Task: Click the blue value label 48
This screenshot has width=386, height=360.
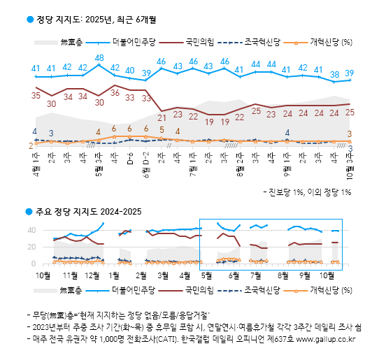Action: point(99,58)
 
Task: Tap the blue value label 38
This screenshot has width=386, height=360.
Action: point(334,74)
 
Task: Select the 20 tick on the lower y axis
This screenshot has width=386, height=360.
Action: point(31,247)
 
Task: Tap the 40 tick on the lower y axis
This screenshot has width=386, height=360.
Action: point(31,230)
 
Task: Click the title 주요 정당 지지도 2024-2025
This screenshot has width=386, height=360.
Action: point(89,211)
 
